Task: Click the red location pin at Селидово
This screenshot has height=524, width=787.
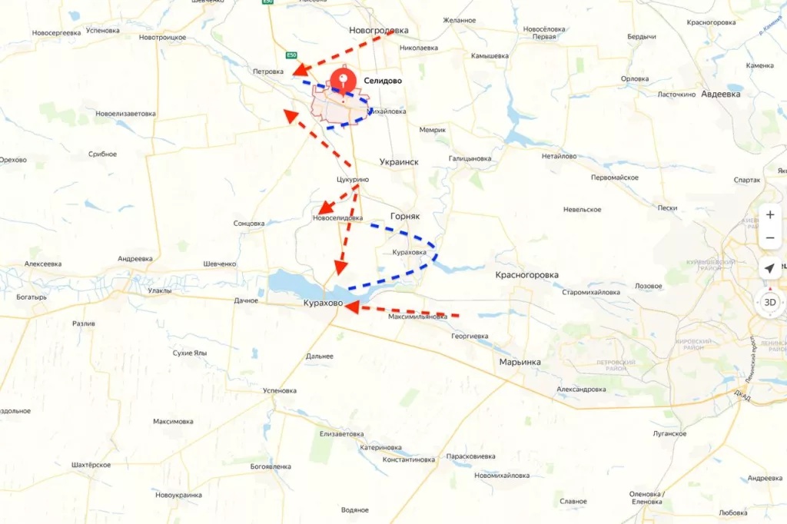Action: coord(342,81)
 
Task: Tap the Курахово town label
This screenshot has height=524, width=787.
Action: coord(322,305)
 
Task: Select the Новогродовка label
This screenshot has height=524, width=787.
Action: coord(378,31)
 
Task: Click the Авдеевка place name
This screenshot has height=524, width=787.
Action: coord(720,94)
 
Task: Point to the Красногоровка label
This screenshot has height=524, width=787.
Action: coord(526,274)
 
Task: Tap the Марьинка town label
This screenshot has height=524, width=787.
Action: coord(520,362)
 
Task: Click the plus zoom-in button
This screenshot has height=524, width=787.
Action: coord(769,215)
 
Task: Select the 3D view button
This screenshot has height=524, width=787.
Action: coord(769,302)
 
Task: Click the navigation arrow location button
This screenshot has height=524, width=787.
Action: coord(769,268)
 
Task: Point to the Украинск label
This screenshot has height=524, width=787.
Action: coord(399,162)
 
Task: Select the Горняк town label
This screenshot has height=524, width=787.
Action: coord(405,217)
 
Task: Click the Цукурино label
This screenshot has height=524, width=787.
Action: coord(353,180)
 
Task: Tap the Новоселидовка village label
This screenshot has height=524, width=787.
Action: coord(337,218)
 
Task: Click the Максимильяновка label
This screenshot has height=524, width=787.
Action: coord(417,317)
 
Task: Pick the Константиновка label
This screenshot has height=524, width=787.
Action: coord(408,459)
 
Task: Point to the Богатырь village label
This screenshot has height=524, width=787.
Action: coord(30,297)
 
